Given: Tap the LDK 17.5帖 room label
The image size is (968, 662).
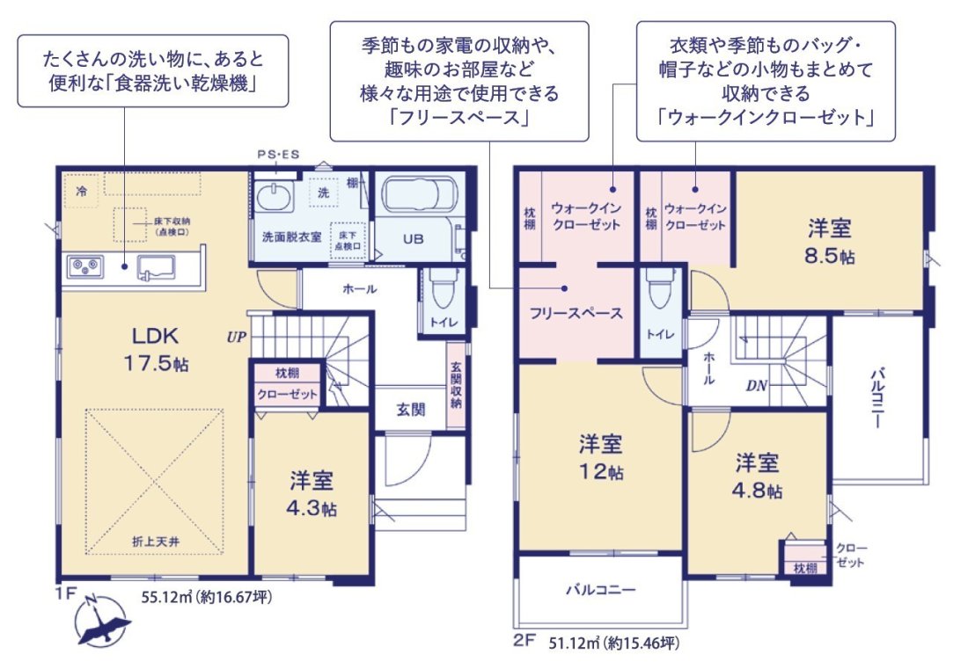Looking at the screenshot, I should click(156, 348).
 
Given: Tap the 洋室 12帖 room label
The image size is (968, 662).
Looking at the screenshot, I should click(602, 455).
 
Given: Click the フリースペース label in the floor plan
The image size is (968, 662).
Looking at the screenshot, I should click(576, 313).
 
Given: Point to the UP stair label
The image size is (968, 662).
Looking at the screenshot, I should click(235, 336).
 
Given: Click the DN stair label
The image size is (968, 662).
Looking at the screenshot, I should click(757, 384).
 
